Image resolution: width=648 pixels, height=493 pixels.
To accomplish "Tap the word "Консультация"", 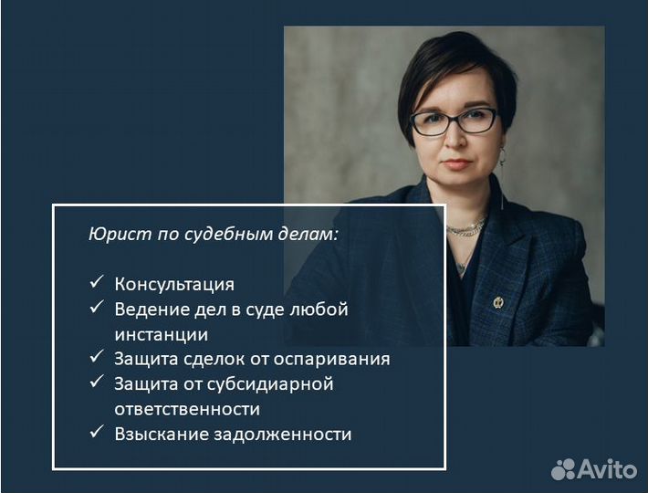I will pyautogui.click(x=174, y=284).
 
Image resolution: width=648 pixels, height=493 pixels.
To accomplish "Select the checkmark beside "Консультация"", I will pyautogui.click(x=97, y=283).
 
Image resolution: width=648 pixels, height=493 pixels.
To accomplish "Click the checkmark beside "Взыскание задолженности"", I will pyautogui.click(x=97, y=433).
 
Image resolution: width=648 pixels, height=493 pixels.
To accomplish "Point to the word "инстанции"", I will pyautogui.click(x=162, y=334).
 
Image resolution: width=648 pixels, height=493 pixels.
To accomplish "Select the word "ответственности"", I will pyautogui.click(x=187, y=409).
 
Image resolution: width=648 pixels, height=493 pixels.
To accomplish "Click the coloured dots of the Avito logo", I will pyautogui.click(x=564, y=469).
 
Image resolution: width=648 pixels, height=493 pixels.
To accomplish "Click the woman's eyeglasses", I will pyautogui.click(x=454, y=121).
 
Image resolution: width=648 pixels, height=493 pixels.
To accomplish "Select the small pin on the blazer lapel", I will pyautogui.click(x=497, y=302).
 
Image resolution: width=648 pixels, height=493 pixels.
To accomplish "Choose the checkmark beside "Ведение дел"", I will pyautogui.click(x=97, y=309).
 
